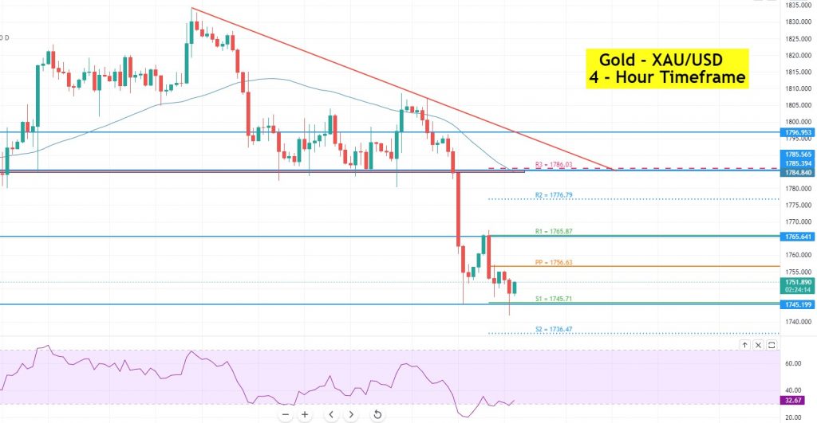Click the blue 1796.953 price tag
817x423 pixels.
pos(798,132)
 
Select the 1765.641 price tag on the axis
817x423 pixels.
pos(798,237)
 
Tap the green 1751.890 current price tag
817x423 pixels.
pos(798,282)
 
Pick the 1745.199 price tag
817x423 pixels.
pos(798,304)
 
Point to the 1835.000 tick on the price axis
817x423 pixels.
pos(797,5)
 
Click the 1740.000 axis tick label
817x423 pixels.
pos(797,321)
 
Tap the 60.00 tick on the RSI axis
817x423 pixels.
pos(792,363)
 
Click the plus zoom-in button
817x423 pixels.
pos(305,414)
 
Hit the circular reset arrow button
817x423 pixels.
pos(377,414)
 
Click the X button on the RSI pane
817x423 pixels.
pos(773,345)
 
